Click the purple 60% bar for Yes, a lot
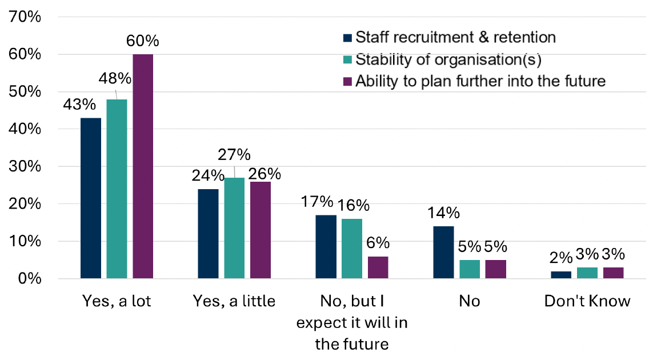pos(143,166)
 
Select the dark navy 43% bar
pos(91,198)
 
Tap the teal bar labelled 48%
pos(117,189)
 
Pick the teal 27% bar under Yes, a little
pos(234,228)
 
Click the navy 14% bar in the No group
pos(443,253)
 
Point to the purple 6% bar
pos(378,267)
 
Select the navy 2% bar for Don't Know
pos(560,275)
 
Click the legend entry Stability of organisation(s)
pos(448,59)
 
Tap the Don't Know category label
pos(587,301)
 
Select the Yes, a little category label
pos(234,301)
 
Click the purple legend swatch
pos(348,82)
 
